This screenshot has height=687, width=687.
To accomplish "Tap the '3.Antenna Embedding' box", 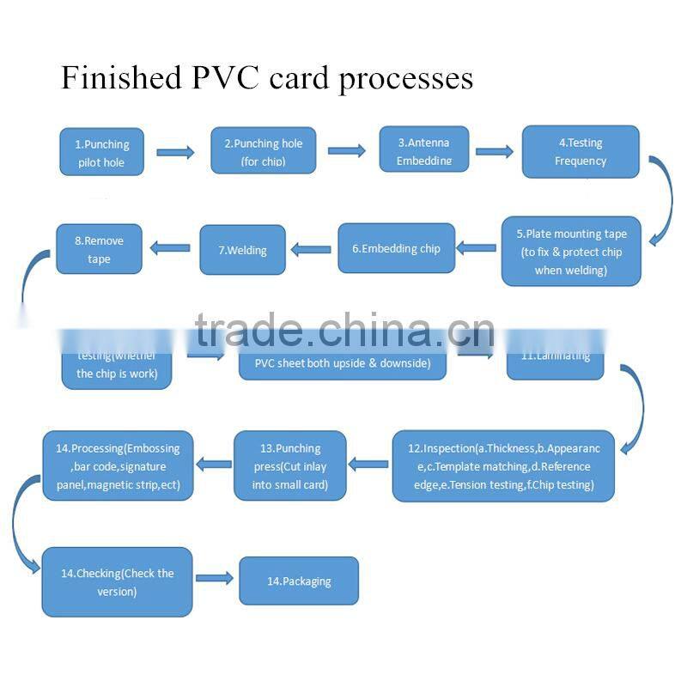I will pyautogui.click(x=423, y=150).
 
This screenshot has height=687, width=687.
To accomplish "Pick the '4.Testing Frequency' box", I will pyautogui.click(x=581, y=152).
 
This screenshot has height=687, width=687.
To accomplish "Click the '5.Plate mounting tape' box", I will pyautogui.click(x=571, y=251).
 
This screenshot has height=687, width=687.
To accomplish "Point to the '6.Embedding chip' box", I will pyautogui.click(x=395, y=248).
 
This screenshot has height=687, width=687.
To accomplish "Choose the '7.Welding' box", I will pyautogui.click(x=242, y=250).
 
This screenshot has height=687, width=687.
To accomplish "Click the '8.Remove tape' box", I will pyautogui.click(x=99, y=249).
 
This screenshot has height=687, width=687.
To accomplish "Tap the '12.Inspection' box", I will pyautogui.click(x=503, y=465).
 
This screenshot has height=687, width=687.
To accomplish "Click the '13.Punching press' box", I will pyautogui.click(x=290, y=465).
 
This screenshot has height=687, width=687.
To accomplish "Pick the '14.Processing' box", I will pyautogui.click(x=118, y=465).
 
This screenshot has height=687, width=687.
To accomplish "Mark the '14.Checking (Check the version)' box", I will pyautogui.click(x=117, y=581).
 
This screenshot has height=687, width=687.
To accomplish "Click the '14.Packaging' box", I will pyautogui.click(x=298, y=581).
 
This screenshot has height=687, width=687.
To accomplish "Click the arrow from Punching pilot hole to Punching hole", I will pyautogui.click(x=175, y=153).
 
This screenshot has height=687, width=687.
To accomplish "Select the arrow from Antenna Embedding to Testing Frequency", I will pyautogui.click(x=495, y=152).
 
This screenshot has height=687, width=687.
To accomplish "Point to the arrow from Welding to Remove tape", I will pyautogui.click(x=170, y=249).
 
